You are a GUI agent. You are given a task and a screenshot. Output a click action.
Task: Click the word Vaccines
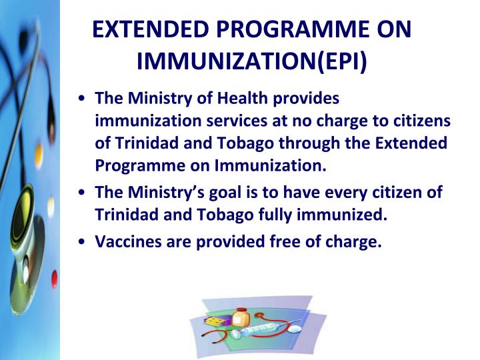[126, 242]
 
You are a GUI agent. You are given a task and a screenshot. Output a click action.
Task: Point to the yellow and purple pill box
[215, 323]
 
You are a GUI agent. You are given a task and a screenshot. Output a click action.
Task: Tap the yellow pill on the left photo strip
[39, 155]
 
